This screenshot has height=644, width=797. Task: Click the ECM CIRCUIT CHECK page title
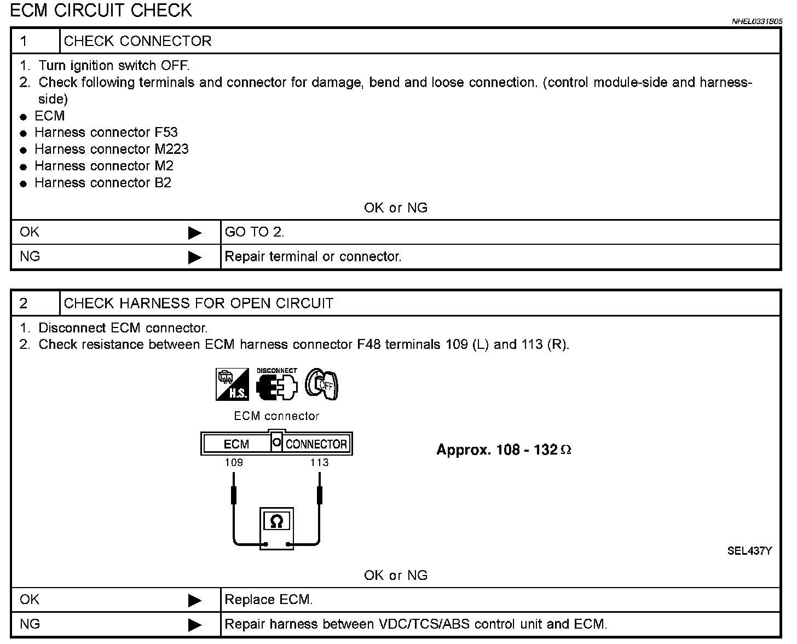tap(101, 10)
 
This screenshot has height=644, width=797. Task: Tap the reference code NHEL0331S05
tap(757, 22)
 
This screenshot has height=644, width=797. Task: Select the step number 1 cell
tap(35, 41)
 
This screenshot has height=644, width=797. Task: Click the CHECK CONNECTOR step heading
tap(137, 41)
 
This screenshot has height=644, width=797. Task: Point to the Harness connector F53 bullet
tap(106, 133)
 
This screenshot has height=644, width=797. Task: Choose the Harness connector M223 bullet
tap(111, 149)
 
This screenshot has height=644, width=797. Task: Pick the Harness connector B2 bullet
tap(103, 183)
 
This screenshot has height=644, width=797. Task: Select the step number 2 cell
tap(35, 303)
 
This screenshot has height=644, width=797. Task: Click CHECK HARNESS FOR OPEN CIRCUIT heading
tap(198, 303)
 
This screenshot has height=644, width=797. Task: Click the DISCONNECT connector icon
tap(277, 384)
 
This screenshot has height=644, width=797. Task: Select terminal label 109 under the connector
tap(234, 462)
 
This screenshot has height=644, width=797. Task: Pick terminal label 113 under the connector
tap(319, 462)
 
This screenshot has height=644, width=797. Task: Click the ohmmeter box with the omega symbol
tap(276, 528)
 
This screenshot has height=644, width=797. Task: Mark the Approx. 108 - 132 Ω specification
tap(504, 450)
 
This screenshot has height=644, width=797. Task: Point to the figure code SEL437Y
tap(749, 551)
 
